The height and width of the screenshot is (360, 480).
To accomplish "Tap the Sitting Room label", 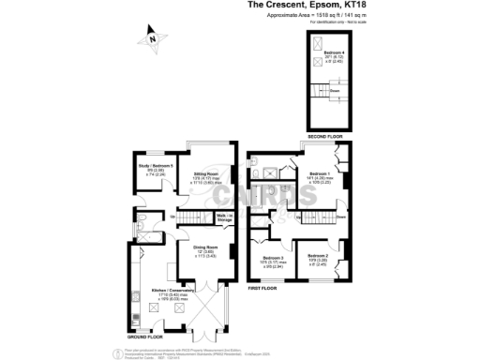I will click(206, 176).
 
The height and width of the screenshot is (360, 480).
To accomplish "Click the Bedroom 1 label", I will click(320, 176).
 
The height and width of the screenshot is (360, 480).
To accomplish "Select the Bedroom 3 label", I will click(274, 261).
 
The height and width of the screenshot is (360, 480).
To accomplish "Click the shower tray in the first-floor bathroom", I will click(268, 172).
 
